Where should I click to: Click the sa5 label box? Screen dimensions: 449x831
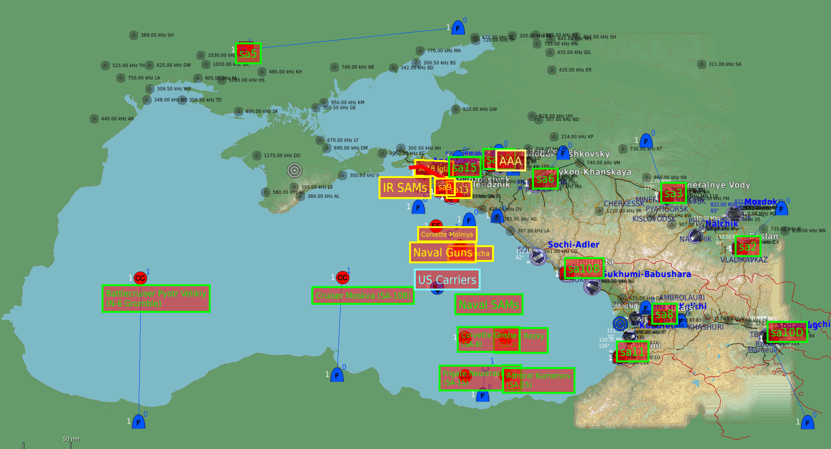(248, 53)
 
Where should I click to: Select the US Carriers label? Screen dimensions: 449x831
(447, 280)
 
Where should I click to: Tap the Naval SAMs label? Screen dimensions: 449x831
(489, 304)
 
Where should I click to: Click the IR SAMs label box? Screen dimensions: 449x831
(405, 188)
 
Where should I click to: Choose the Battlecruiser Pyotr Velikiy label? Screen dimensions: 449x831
(156, 299)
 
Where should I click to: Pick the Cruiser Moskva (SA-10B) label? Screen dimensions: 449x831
(363, 296)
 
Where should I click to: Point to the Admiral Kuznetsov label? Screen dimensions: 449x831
(539, 380)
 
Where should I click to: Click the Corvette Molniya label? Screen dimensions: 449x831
(447, 234)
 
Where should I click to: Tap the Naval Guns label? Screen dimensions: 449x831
(442, 252)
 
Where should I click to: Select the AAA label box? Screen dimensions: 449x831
(511, 161)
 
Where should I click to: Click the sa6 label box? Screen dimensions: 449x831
(545, 179)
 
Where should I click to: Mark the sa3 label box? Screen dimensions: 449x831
(673, 193)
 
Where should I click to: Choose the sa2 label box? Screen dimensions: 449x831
(748, 247)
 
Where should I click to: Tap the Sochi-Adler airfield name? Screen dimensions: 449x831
(573, 245)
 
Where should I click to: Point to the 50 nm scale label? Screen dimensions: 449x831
(71, 439)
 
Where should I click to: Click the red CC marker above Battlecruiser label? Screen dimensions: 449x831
(140, 278)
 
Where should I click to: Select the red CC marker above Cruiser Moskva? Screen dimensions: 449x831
(342, 278)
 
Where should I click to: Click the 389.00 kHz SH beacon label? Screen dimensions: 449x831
(157, 35)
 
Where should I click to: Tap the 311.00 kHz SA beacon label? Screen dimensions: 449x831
(725, 64)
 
